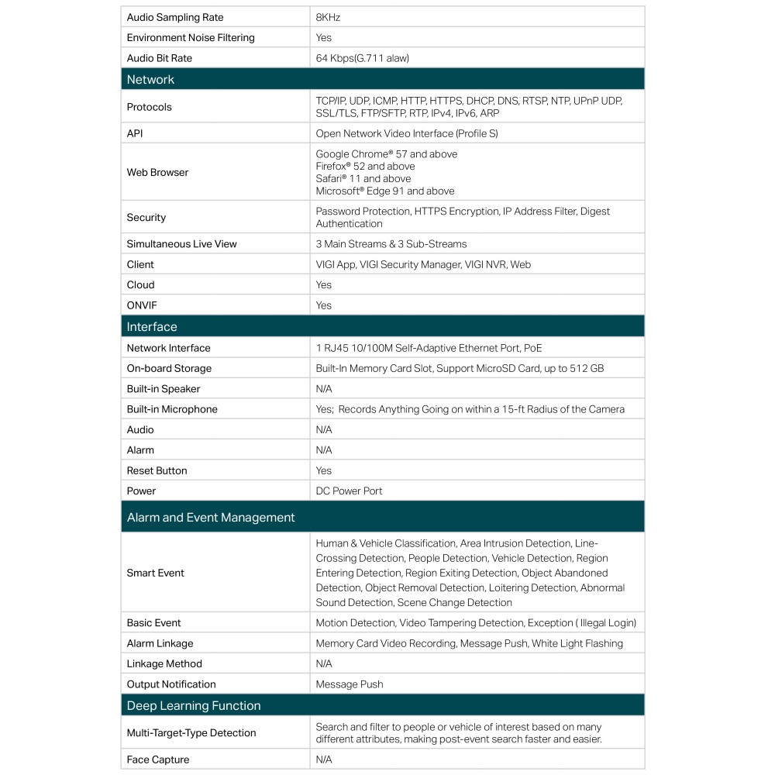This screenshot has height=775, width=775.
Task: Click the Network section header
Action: click(150, 79)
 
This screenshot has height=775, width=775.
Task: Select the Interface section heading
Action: click(152, 326)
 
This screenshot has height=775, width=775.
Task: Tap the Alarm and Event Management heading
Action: click(211, 517)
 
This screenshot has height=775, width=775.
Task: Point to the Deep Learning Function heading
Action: click(194, 705)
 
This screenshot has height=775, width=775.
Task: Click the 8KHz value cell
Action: click(328, 17)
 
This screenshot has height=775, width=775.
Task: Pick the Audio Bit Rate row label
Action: click(160, 58)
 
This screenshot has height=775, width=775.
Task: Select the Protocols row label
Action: click(150, 107)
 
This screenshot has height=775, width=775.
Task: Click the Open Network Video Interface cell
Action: click(407, 133)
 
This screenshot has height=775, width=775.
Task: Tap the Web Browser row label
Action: click(157, 172)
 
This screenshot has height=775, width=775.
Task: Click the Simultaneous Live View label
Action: click(182, 243)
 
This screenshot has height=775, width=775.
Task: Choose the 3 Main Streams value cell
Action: click(391, 243)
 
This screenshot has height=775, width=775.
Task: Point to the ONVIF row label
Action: click(143, 305)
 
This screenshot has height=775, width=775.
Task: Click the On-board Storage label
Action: click(169, 368)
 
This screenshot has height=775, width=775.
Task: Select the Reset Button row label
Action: click(157, 470)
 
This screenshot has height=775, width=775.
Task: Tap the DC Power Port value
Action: click(349, 491)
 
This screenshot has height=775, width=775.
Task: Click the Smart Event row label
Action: click(156, 573)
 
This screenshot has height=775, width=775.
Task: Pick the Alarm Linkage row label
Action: click(160, 643)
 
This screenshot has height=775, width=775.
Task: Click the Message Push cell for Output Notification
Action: click(350, 684)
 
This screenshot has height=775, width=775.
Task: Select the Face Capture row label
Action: click(158, 759)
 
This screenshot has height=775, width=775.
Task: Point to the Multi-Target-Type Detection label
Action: click(191, 732)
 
